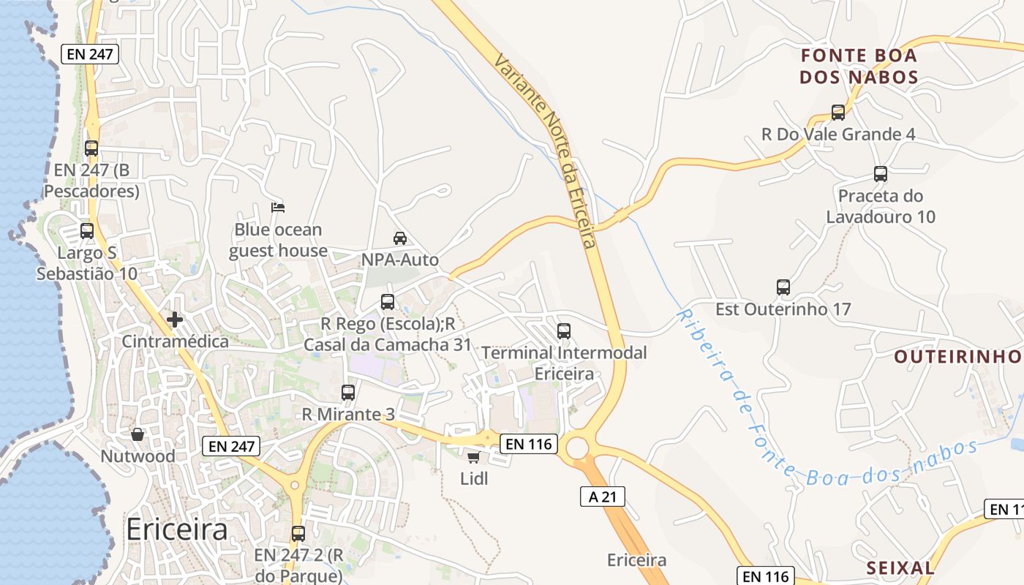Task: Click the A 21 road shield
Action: point(603,497)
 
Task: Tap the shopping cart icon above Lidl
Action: point(473,458)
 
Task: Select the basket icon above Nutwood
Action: point(137,434)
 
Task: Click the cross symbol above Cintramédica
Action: point(175,320)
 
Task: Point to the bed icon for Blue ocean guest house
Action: point(277,208)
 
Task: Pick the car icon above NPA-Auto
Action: point(399,238)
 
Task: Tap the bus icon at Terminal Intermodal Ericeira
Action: point(563,331)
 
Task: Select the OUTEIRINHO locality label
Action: point(957,356)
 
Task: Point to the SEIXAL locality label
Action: point(900,567)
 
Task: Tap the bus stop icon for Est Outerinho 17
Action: point(783,287)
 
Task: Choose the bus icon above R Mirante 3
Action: point(348,393)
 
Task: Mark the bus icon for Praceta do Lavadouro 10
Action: point(880,174)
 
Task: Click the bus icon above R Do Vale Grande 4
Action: point(838,113)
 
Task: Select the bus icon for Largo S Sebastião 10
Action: point(87,231)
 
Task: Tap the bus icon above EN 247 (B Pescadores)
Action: point(91,148)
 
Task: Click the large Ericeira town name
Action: point(177,529)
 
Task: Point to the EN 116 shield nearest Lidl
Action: point(529,443)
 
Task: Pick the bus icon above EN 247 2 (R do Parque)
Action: point(298,533)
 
